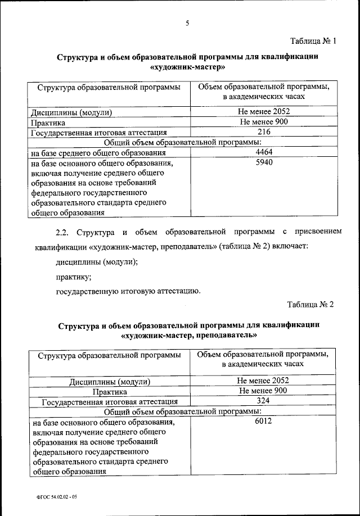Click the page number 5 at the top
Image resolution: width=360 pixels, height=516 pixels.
[187, 23]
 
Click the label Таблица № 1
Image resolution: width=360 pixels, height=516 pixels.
[312, 41]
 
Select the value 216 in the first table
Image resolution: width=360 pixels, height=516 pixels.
[264, 132]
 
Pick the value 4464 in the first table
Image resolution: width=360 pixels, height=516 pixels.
[264, 152]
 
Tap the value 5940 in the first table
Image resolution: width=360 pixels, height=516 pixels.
[264, 163]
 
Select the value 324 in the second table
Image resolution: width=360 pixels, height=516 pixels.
[263, 401]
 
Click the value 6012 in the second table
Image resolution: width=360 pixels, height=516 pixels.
[263, 422]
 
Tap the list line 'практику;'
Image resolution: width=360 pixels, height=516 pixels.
[74, 277]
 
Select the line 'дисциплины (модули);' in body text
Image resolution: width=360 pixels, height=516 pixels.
[97, 262]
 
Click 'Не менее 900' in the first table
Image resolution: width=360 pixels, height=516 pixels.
[264, 121]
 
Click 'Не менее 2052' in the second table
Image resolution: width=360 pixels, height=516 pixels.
[263, 381]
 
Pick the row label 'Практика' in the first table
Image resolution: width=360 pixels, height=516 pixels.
[48, 122]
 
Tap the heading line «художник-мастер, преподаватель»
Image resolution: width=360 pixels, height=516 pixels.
[188, 335]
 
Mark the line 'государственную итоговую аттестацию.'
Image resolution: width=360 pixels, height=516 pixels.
[128, 291]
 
